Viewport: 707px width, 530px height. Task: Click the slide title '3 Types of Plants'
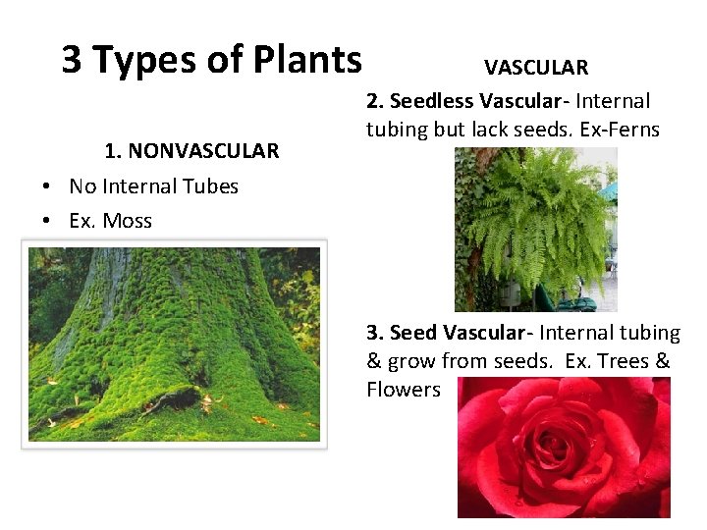coord(211,60)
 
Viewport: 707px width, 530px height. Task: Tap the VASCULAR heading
coord(536,68)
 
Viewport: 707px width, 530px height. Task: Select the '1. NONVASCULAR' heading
coord(191,150)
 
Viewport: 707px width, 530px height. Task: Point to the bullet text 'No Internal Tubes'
coord(153,186)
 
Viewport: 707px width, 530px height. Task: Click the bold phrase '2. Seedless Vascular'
coord(469,101)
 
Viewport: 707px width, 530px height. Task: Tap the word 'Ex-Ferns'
coord(624,129)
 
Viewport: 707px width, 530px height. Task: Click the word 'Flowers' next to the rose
coord(404,390)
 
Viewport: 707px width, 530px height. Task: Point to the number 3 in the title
coord(72,60)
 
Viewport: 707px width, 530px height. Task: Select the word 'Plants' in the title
coord(312,60)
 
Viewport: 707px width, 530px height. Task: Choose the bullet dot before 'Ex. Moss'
coord(46,222)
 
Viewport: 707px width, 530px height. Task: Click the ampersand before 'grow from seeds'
coord(374,361)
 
